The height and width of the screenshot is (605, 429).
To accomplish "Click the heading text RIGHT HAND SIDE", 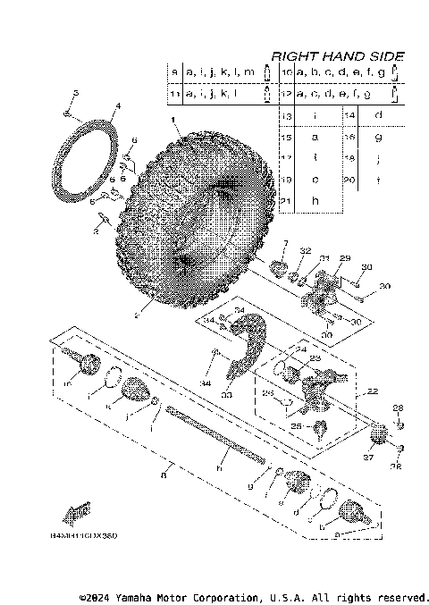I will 337,55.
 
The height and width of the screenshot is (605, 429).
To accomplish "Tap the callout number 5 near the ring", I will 76,94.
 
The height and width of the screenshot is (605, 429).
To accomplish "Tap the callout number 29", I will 341,257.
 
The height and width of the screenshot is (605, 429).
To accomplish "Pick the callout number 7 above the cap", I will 284,243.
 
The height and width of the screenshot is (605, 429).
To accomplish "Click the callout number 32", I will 305,251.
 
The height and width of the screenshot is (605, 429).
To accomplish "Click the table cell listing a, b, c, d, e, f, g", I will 340,71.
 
